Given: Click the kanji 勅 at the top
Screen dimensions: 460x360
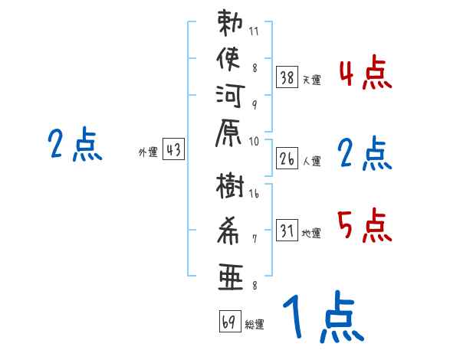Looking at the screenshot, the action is point(230,23).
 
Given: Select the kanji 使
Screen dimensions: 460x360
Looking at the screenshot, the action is point(228,59).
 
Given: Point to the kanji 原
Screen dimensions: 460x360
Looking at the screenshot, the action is point(228,133).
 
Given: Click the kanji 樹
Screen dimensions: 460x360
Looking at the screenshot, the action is point(230,186).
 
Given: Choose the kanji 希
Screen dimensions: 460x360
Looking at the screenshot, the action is point(228,231).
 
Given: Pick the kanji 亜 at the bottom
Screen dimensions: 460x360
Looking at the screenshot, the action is point(231,277).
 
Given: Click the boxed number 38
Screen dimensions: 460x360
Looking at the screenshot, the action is point(287,77).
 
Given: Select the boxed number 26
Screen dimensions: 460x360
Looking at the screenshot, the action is point(287,159).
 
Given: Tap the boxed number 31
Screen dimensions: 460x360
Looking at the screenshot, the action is point(287,230).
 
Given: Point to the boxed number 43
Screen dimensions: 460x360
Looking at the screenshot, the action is point(173,149).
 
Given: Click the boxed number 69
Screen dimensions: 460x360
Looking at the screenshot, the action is point(230,321).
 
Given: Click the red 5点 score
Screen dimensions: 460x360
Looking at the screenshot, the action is point(364,225).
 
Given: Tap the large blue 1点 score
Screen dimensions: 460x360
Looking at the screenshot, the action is point(324,316).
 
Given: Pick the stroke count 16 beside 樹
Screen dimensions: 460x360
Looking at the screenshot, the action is point(254,194).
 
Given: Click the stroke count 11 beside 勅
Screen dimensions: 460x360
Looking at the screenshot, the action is point(254,31).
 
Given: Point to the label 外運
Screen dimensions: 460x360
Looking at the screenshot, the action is point(148,152).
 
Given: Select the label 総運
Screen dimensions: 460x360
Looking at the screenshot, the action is point(255,325).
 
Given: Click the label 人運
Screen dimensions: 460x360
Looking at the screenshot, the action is point(311,162).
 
